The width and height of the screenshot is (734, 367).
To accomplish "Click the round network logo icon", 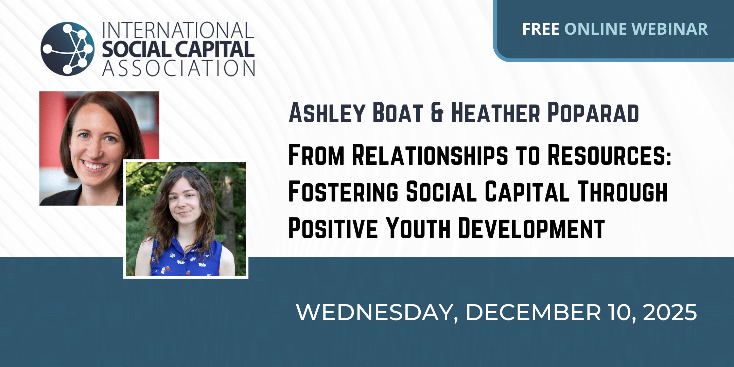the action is (68, 49).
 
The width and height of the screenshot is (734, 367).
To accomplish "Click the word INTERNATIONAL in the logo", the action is (178, 30).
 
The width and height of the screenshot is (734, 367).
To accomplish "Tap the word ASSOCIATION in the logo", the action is (179, 68).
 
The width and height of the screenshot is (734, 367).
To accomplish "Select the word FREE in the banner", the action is (541, 29).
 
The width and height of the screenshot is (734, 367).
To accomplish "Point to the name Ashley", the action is (327, 113).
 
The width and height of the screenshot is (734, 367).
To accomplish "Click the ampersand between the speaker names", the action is (437, 113).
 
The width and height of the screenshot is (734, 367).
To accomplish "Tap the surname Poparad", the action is (593, 113).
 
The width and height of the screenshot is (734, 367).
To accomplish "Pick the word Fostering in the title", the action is (343, 192).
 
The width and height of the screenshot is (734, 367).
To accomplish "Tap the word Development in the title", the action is (531, 228).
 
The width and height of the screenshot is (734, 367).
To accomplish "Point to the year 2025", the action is (670, 312).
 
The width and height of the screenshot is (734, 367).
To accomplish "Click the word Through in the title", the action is (623, 192).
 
